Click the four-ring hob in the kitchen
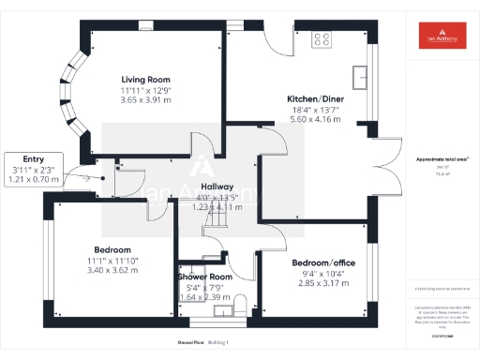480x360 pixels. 322,39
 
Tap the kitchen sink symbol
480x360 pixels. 358,76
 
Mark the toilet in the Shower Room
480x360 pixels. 240,304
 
